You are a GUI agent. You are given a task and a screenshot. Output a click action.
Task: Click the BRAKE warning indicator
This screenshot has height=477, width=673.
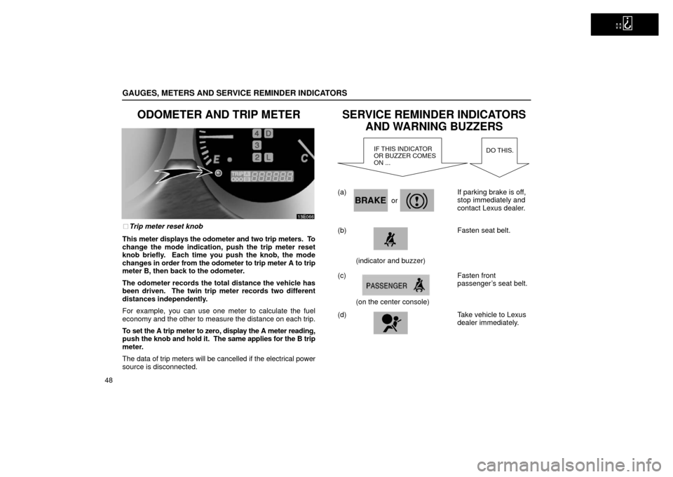370,200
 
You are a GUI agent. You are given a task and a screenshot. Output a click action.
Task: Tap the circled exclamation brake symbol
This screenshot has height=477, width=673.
417,200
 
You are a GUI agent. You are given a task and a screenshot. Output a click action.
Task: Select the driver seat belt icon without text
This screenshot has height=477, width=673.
390,238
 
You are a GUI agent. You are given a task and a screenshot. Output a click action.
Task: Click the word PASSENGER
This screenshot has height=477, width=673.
386,285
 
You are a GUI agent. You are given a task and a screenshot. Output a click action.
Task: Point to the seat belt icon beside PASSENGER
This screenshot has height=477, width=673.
419,285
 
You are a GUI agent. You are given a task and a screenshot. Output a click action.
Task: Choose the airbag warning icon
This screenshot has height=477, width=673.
390,323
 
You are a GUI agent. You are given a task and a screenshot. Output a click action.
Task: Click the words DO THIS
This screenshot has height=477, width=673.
499,151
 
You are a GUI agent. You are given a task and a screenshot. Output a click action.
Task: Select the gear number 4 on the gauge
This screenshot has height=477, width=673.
257,133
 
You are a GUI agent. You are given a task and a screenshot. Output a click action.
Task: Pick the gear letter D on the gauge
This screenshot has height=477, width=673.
269,133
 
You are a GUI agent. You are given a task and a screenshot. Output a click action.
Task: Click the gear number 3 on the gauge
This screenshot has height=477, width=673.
257,145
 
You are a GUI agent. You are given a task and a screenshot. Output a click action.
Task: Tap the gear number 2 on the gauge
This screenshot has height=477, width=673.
257,158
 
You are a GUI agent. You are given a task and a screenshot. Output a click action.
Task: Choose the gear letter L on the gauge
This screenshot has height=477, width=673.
269,158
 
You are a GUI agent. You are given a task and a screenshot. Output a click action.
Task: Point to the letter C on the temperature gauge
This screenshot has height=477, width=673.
305,159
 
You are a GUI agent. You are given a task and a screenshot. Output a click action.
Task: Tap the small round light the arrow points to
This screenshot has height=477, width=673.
217,173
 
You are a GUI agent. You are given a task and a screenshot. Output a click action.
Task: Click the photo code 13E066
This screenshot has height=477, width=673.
304,216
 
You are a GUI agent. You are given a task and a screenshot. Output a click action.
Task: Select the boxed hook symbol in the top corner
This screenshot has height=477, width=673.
627,24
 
